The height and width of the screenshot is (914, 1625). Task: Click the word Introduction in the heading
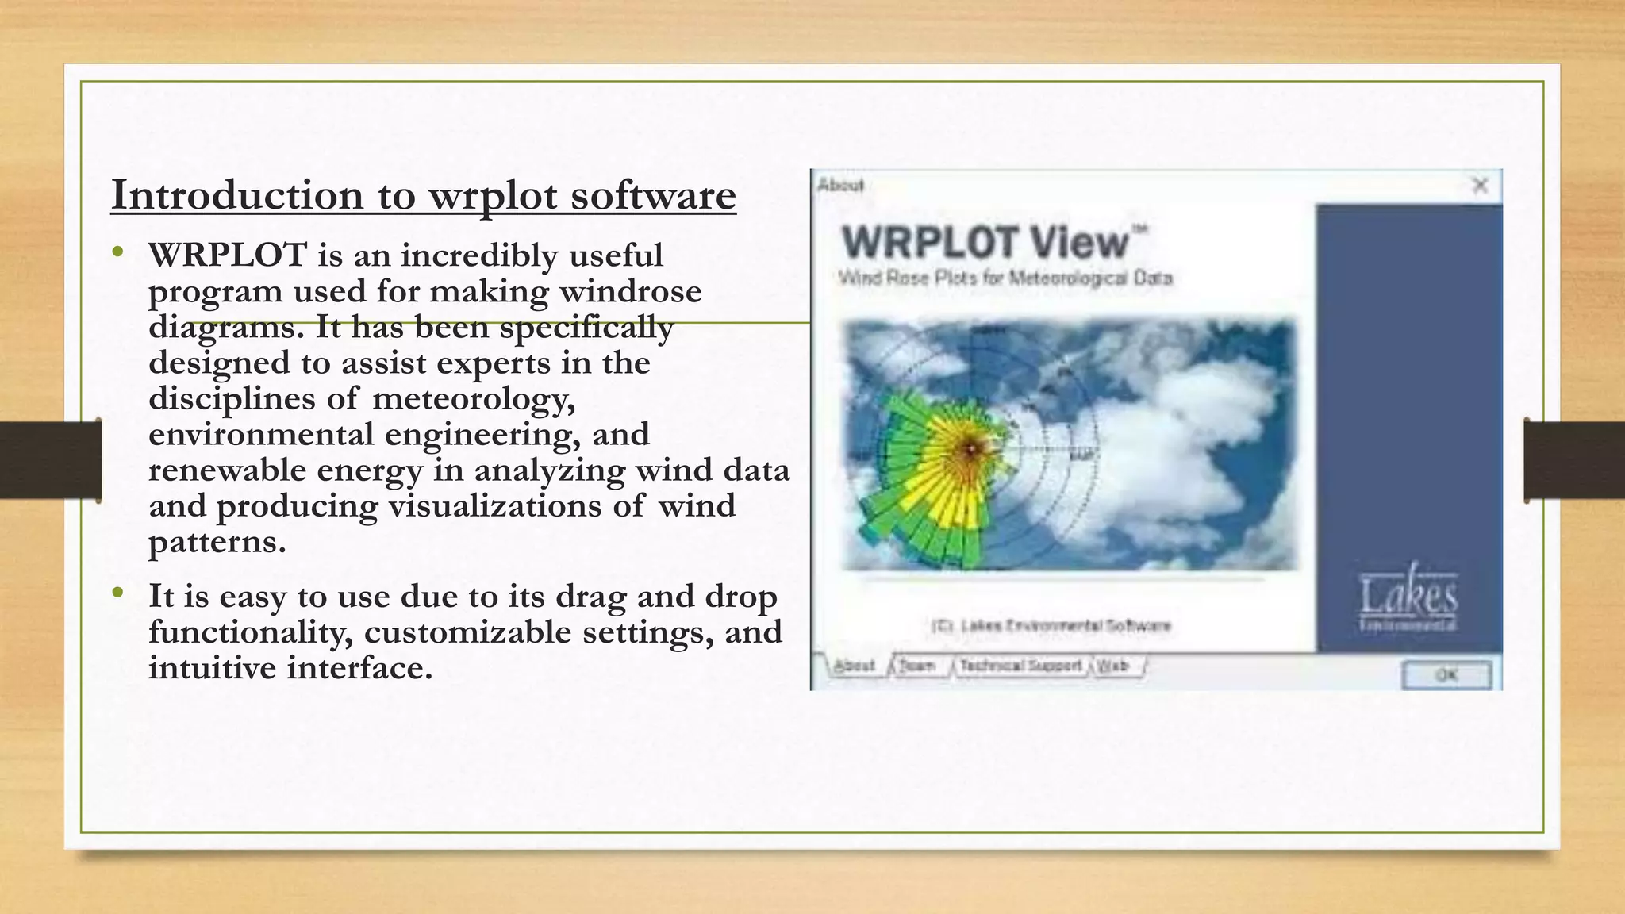(x=236, y=195)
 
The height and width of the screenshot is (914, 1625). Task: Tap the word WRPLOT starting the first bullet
(x=228, y=255)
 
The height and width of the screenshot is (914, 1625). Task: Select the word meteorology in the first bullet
(x=473, y=398)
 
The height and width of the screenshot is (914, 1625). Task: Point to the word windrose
(x=630, y=291)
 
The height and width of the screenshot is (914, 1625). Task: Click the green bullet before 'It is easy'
(x=118, y=593)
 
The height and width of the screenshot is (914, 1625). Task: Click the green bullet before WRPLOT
(x=118, y=253)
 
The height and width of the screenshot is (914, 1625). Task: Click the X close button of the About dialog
(x=1480, y=186)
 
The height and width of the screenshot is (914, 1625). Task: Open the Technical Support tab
(x=1020, y=666)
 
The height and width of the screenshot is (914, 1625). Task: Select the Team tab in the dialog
(x=916, y=666)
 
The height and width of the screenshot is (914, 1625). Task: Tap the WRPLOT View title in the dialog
(x=984, y=242)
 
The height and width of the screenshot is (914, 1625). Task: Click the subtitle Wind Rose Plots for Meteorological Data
(x=1005, y=278)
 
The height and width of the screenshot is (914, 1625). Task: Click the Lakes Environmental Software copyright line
(x=1051, y=626)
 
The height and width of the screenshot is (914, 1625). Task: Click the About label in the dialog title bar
(x=840, y=186)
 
